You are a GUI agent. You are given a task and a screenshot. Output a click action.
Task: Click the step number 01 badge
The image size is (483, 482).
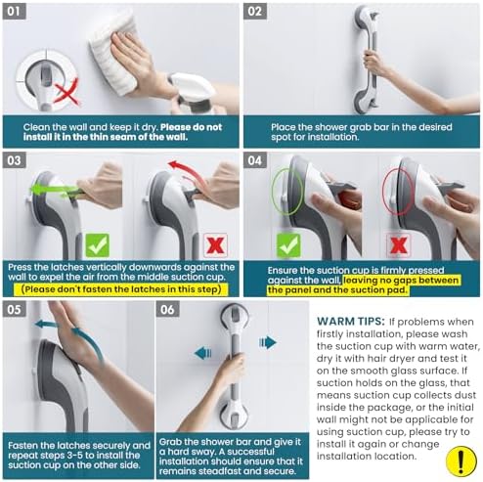pyautogui.click(x=15, y=12)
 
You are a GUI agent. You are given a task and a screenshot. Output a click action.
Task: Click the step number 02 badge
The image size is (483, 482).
pyautogui.click(x=255, y=12)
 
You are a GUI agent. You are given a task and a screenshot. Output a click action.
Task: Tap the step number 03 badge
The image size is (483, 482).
pyautogui.click(x=15, y=160)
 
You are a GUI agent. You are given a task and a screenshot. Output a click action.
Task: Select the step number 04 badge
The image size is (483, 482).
pyautogui.click(x=255, y=160)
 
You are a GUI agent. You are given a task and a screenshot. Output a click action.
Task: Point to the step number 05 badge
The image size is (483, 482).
pyautogui.click(x=15, y=309)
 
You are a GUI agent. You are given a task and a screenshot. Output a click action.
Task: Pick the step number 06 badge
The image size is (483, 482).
pyautogui.click(x=167, y=309)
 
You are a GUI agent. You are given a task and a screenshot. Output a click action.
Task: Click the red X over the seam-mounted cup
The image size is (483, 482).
pyautogui.click(x=66, y=92)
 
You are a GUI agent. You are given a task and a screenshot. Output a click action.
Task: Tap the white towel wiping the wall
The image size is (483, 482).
pyautogui.click(x=113, y=52)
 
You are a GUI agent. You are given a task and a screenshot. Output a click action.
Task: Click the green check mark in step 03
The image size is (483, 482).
pyautogui.click(x=97, y=245)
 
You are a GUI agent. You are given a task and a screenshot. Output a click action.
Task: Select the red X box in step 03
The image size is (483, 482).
pyautogui.click(x=215, y=245)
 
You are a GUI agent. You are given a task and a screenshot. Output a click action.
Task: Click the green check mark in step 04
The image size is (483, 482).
pyautogui.click(x=288, y=245)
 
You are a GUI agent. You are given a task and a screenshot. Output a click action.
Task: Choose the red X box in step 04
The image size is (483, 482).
pyautogui.click(x=398, y=245)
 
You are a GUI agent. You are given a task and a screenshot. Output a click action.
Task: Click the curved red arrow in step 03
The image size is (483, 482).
pyautogui.click(x=188, y=169)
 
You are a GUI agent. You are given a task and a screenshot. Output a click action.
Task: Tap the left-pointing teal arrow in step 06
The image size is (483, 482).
pyautogui.click(x=203, y=353)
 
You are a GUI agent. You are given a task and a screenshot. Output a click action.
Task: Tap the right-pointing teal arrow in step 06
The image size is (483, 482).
pyautogui.click(x=268, y=342)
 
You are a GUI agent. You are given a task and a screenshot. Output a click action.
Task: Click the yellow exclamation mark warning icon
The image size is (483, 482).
pyautogui.click(x=461, y=460)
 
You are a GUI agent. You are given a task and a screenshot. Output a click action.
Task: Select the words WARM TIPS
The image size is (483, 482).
pyautogui.click(x=351, y=322)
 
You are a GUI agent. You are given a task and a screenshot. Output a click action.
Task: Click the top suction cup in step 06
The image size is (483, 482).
pyautogui.click(x=235, y=318)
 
